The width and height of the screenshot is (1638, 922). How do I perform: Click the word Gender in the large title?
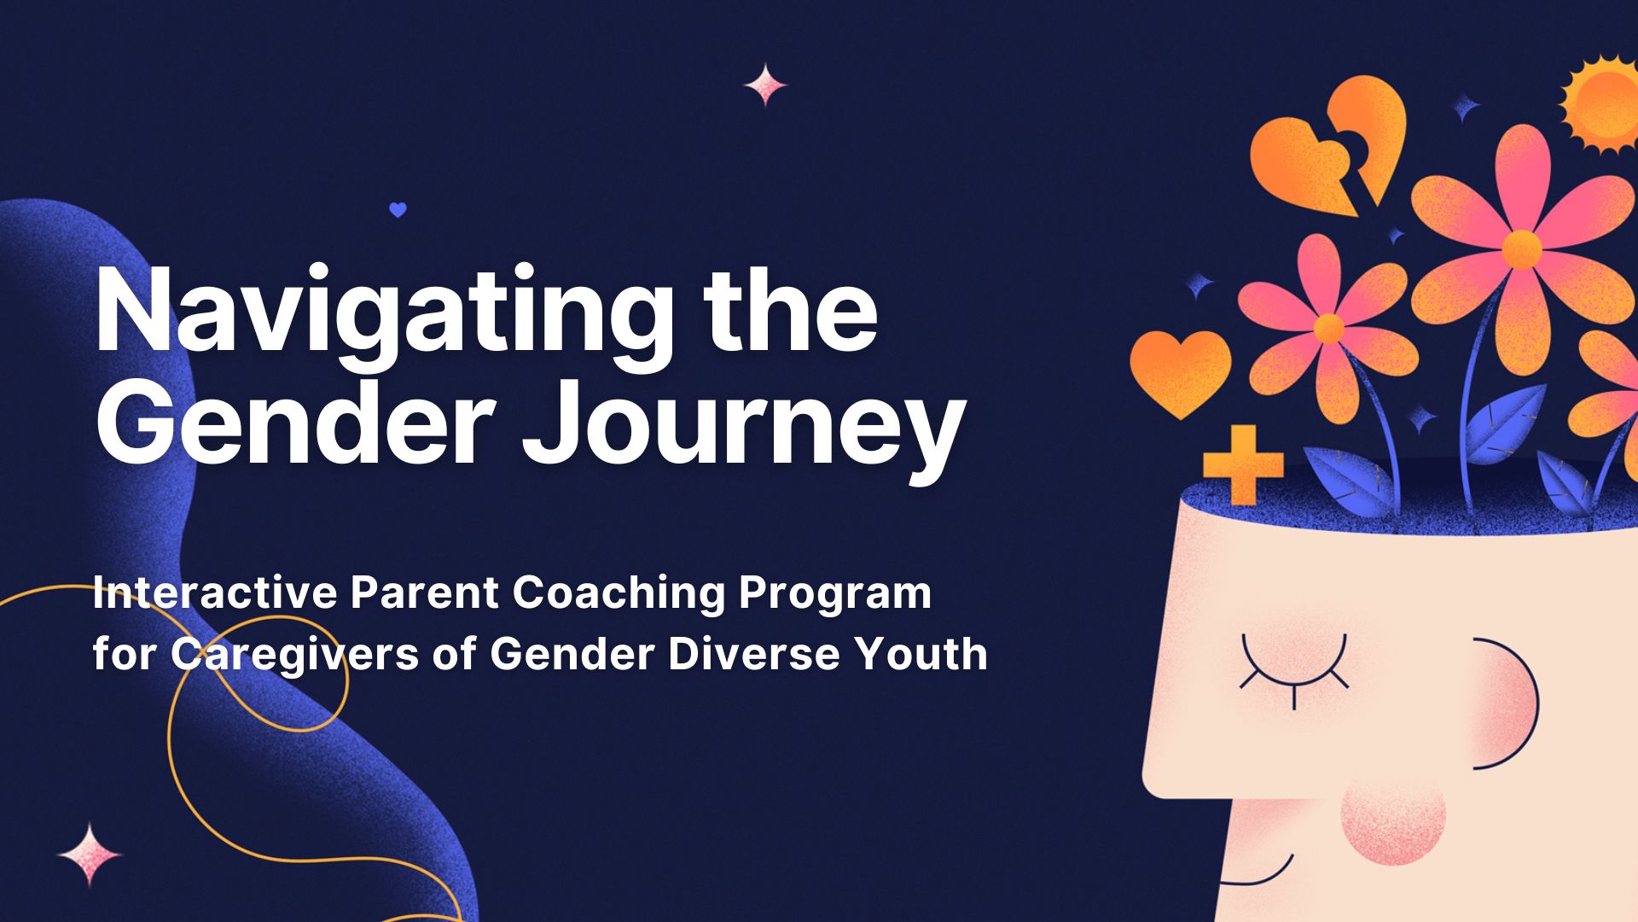(294, 423)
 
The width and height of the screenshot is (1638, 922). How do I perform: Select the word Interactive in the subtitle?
(215, 592)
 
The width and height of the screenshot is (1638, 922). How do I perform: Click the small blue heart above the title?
(398, 209)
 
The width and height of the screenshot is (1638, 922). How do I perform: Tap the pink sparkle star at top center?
(765, 85)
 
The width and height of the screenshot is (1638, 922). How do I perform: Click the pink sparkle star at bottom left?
(90, 855)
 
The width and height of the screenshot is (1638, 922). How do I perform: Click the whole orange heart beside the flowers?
(1181, 372)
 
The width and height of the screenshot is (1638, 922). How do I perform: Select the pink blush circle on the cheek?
(1393, 814)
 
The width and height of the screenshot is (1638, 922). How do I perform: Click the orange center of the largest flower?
(1521, 248)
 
